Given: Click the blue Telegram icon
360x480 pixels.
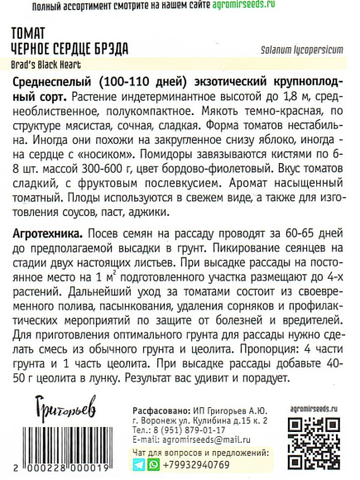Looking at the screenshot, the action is click(x=138, y=465).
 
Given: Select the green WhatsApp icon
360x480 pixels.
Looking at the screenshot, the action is click(x=153, y=465).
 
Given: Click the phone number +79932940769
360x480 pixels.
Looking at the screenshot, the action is click(x=198, y=465).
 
